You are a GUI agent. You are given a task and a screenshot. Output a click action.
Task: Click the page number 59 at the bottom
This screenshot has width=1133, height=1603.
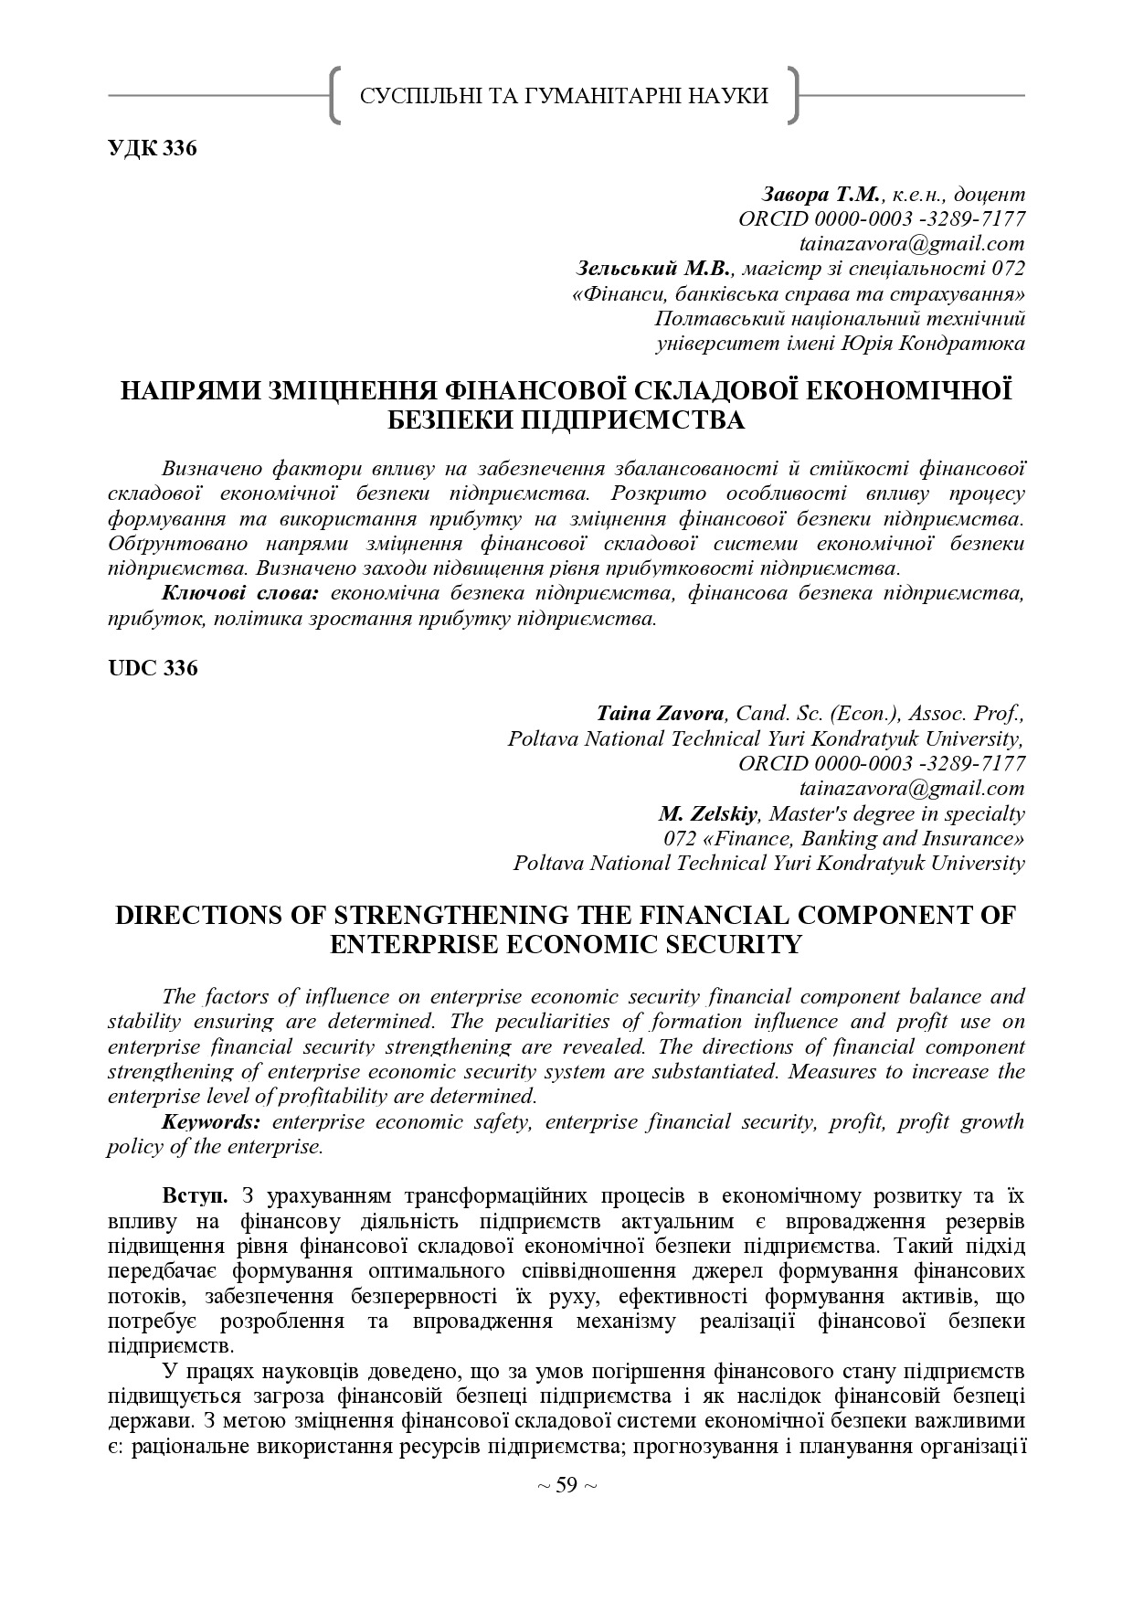click(566, 1485)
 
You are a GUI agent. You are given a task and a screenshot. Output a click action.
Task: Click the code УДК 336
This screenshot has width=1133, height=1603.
click(152, 149)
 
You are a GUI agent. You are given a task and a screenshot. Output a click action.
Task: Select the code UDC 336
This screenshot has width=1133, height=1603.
click(152, 668)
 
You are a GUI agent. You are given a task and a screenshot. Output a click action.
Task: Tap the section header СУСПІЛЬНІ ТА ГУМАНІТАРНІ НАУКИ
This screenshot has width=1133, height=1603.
click(565, 96)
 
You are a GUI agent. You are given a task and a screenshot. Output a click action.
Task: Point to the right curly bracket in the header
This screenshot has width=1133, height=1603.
click(792, 95)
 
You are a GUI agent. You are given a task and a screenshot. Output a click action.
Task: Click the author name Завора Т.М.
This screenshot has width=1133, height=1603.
click(821, 195)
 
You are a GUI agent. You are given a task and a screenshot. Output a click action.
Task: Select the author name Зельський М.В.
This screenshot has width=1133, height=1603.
click(654, 269)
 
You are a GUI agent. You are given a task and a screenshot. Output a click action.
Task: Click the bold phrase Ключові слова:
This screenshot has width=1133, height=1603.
click(239, 593)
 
